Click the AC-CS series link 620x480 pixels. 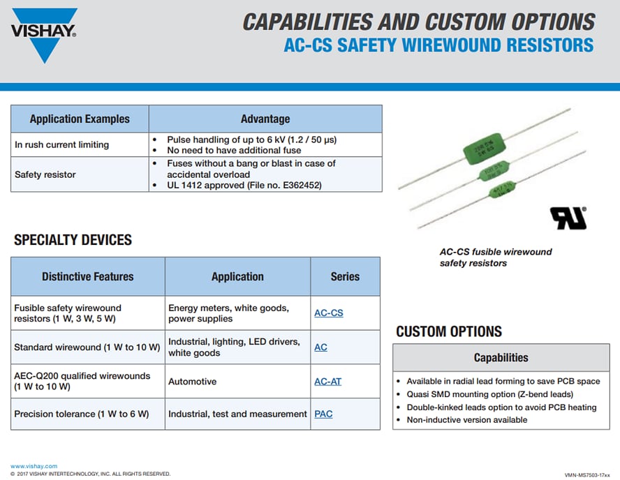pos(328,313)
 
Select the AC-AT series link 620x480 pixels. pos(327,382)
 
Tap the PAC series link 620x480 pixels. pos(323,414)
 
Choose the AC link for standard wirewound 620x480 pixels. pos(320,347)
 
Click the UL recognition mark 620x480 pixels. pos(569,218)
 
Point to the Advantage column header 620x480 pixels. pos(265,119)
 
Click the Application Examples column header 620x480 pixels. pos(80,119)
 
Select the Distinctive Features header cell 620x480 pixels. pos(87,276)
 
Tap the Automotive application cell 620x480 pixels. pos(192,382)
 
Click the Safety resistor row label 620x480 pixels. pos(45,174)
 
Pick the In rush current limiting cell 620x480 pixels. pos(61,144)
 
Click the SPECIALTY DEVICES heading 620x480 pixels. pos(73,240)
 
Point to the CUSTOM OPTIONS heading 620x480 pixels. pos(448,331)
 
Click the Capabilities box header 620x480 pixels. pos(501,358)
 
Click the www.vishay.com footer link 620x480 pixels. pos(34,466)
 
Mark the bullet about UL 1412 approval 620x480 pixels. pos(244,186)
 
